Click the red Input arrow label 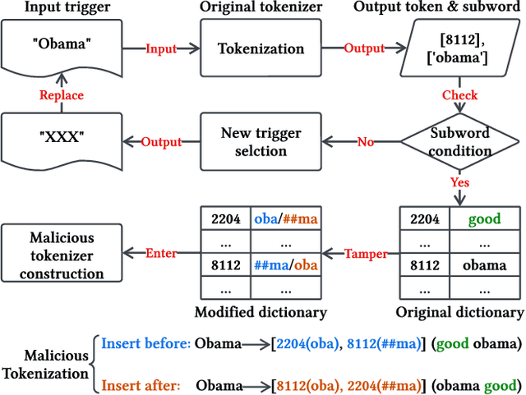[161, 48]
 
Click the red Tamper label [365, 254]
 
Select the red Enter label [161, 254]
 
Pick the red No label [365, 142]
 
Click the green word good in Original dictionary [484, 220]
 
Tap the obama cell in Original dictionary [484, 265]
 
